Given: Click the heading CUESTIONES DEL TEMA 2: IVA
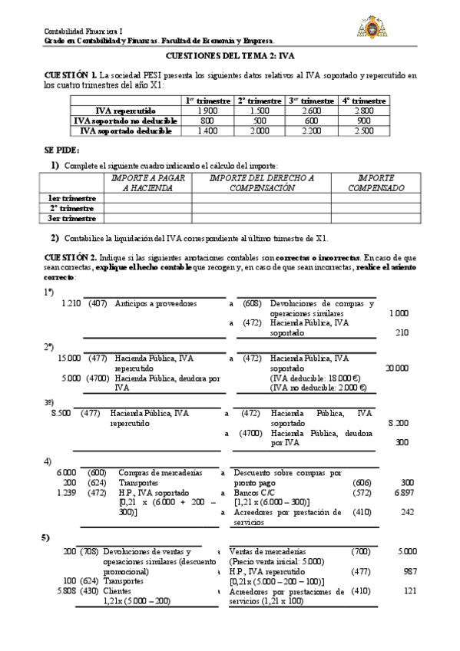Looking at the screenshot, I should [230, 56].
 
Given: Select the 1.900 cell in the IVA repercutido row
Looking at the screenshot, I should [207, 111].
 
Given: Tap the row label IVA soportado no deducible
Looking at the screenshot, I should [125, 121].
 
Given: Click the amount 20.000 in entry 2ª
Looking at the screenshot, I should [396, 368].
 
